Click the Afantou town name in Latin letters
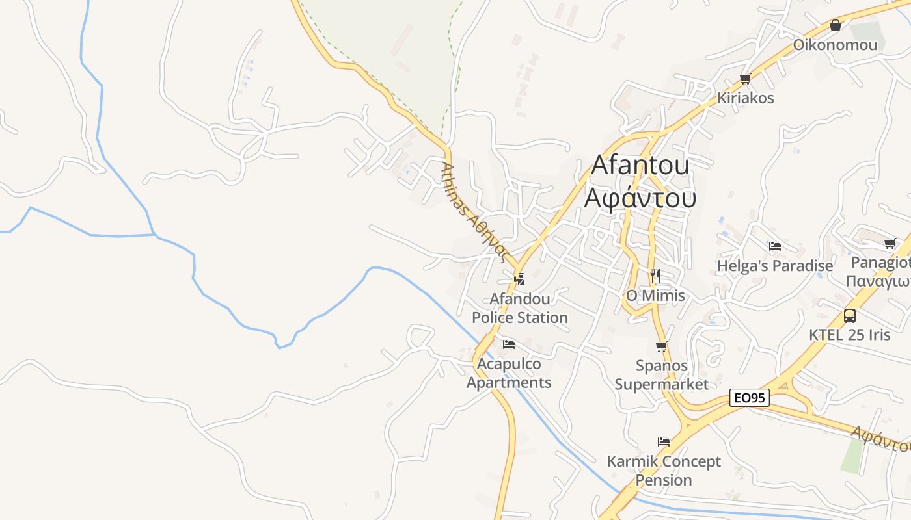640,165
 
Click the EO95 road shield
750,398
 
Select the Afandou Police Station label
520,308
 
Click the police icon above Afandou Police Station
519,279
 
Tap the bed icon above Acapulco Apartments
509,344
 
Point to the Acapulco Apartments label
509,373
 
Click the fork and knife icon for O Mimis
655,276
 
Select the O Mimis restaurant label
655,296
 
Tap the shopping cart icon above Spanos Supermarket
662,346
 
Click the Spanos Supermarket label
662,375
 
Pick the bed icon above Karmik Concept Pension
664,442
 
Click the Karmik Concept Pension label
664,471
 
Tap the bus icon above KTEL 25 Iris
850,316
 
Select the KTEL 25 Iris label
850,335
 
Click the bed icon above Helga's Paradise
774,246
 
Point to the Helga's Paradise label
774,266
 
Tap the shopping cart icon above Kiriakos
745,79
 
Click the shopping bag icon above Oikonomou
836,25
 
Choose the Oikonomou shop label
835,45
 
